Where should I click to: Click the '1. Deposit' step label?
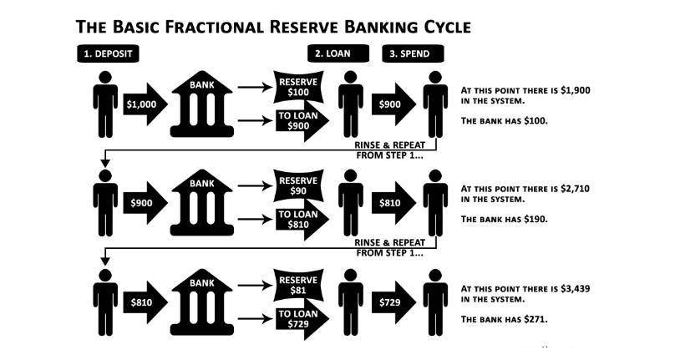point(109,53)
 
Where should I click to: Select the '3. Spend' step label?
point(413,53)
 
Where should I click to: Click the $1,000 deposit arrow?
point(146,105)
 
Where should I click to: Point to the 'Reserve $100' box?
point(297,85)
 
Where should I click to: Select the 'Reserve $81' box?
point(297,285)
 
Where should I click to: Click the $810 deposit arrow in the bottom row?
point(146,300)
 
